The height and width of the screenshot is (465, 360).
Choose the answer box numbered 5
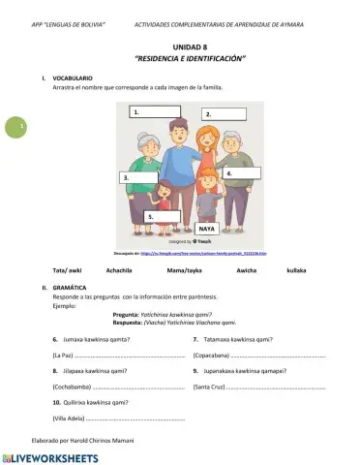[x=165, y=214]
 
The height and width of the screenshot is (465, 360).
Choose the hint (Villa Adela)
[x=67, y=418]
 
